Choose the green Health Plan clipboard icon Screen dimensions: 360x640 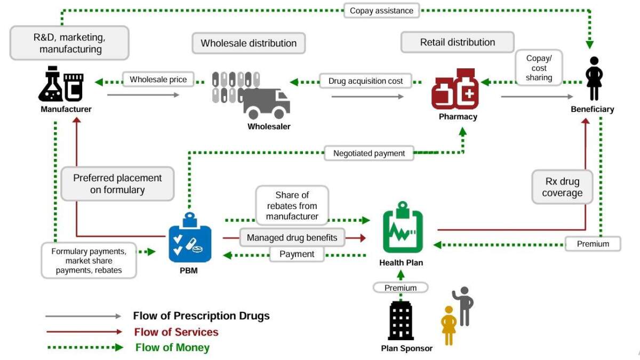coord(403,230)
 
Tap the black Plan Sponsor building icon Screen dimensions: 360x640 coord(401,320)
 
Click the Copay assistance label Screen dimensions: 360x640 coord(381,10)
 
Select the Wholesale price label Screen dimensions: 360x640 coord(158,80)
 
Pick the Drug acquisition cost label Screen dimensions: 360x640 coord(366,81)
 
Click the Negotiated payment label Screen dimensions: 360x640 coord(369,154)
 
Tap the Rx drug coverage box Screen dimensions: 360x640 coord(562,187)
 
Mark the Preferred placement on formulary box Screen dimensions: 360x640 coord(117,183)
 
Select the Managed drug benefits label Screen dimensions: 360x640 coord(292,237)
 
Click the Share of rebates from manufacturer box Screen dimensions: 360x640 coord(292,205)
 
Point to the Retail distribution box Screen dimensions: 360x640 coord(457,42)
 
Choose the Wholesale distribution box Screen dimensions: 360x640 coord(249,43)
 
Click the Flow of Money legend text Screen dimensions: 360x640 coord(172,348)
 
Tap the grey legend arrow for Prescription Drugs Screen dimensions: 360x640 coord(84,316)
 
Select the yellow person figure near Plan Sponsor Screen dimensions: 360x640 coord(449,325)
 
